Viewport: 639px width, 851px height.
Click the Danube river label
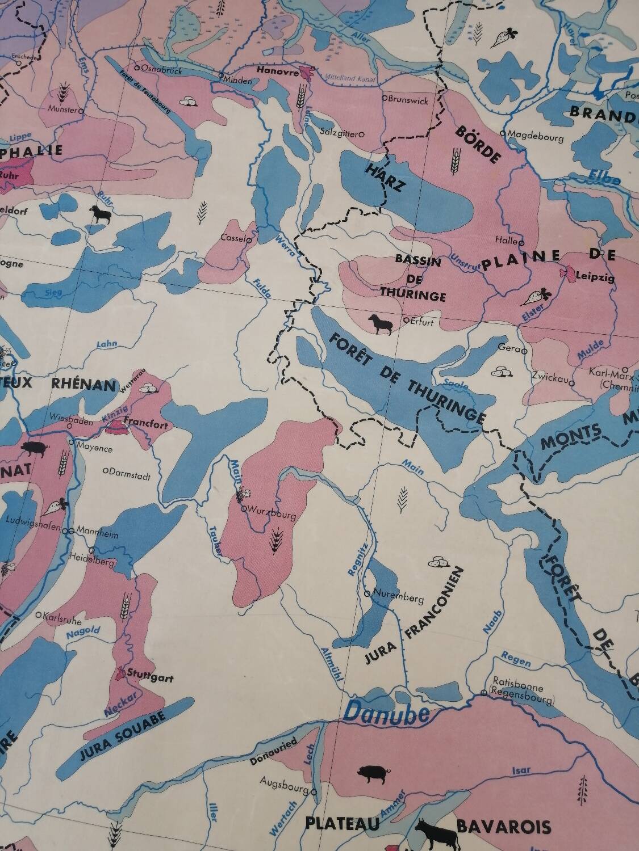tap(386, 714)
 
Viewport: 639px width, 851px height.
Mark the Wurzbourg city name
tap(273, 516)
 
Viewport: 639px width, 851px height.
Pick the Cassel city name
tap(233, 238)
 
